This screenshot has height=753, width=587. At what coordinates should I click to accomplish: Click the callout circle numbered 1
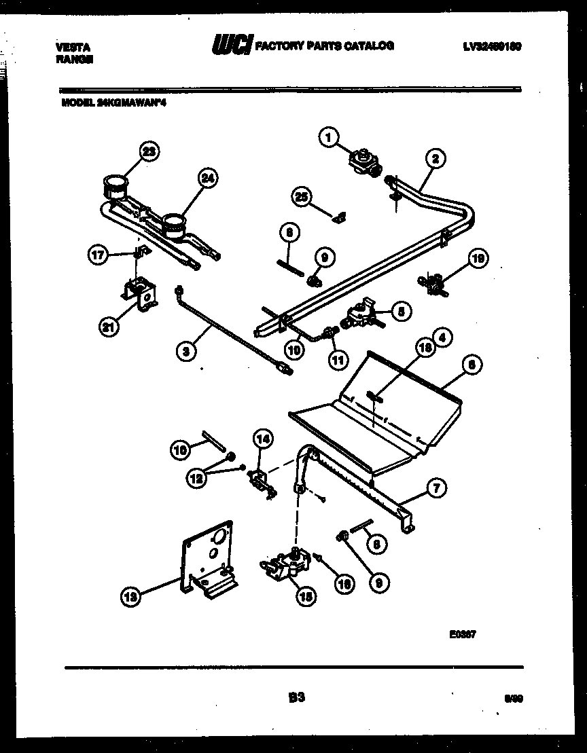point(329,139)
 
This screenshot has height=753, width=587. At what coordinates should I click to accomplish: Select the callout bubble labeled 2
point(434,160)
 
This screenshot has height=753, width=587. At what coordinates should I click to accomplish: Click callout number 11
point(338,359)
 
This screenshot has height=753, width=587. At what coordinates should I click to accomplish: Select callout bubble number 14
point(262,439)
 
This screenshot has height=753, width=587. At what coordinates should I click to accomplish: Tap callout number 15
point(306,596)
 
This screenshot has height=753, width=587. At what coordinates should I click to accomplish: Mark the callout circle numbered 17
point(98,256)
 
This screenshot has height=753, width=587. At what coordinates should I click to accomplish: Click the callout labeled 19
point(478,259)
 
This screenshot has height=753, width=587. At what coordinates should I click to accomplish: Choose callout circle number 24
point(208,179)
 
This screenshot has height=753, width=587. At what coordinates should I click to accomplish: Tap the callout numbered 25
point(301,197)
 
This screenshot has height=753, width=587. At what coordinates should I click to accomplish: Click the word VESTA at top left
point(72,48)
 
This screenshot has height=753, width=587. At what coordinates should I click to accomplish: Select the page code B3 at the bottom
point(296,697)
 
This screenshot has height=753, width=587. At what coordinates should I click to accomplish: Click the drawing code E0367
point(462,636)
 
